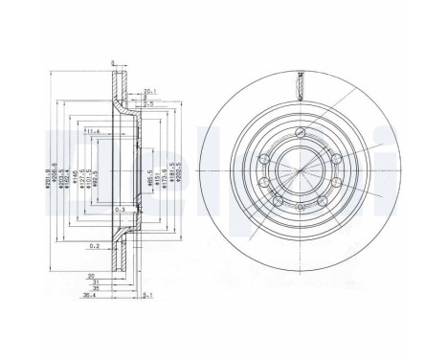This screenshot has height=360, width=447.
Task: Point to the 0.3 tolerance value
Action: [118, 209]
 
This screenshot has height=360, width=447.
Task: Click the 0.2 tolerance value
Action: [95, 245]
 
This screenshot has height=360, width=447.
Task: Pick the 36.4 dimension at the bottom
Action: [89, 296]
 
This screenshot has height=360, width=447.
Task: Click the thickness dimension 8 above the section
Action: [112, 63]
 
